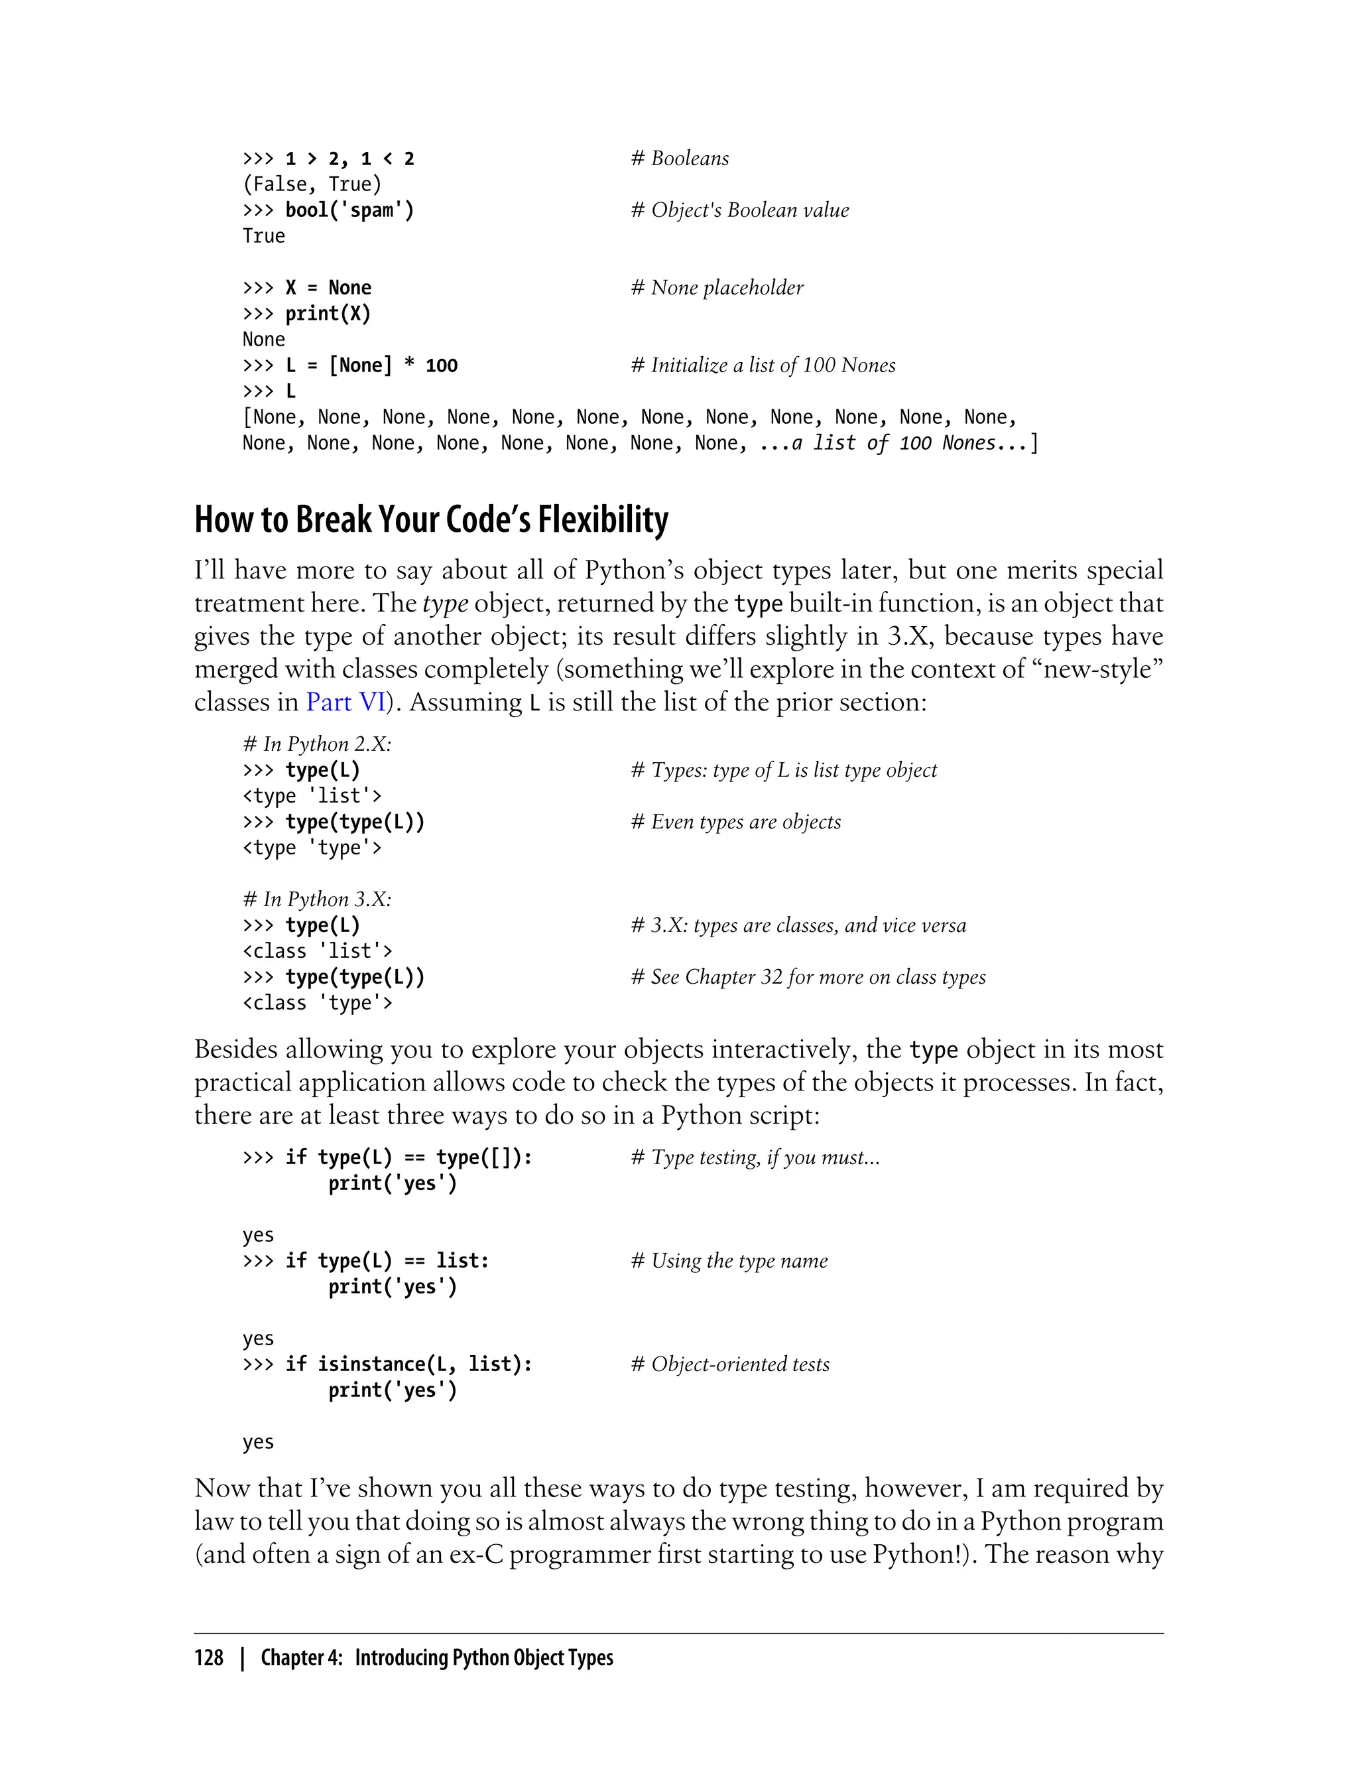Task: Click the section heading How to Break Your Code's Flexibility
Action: [x=431, y=520]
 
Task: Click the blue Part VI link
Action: [x=346, y=702]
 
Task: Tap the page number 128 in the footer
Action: [x=209, y=1658]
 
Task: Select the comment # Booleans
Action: [x=680, y=159]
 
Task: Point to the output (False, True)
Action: [x=311, y=184]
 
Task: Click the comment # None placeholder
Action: [x=717, y=288]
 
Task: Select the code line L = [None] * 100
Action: [x=371, y=365]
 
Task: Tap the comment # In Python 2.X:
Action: [x=316, y=744]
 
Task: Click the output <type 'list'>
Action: [x=311, y=796]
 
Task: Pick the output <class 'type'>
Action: [x=317, y=1003]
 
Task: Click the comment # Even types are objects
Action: [x=735, y=822]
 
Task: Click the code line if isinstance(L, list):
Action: [x=408, y=1364]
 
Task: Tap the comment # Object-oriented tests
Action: [x=730, y=1364]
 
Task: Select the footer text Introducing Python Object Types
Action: [x=483, y=1658]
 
